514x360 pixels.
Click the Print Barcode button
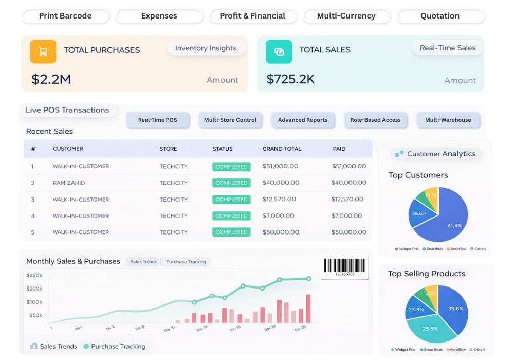point(65,16)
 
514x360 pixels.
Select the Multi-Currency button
point(346,16)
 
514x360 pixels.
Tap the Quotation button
point(440,16)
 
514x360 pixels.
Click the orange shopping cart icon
point(43,51)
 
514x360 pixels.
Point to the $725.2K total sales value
point(290,79)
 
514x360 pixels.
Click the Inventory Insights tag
point(206,48)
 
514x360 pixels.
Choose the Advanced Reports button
point(303,120)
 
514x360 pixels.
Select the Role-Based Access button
point(375,120)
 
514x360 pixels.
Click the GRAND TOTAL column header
point(282,149)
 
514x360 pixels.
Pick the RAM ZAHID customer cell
point(69,183)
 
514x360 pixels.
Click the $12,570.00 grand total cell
point(279,199)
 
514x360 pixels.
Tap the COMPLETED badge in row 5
point(231,232)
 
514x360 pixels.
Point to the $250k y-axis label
point(34,275)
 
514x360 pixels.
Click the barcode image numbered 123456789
point(344,267)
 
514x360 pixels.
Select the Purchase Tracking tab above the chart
point(186,262)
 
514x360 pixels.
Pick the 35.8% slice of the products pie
point(454,309)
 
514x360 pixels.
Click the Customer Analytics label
point(441,154)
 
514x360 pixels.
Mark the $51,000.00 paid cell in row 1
point(349,166)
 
